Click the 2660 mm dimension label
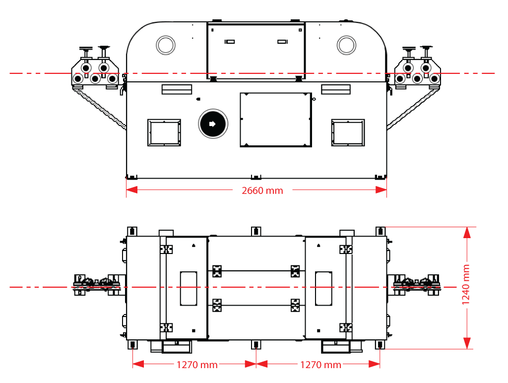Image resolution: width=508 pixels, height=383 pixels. click(x=262, y=191)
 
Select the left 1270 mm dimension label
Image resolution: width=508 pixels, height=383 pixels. click(x=197, y=365)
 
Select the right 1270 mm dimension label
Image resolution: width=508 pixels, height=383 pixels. click(x=320, y=365)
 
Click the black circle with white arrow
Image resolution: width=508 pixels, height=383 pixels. click(x=212, y=124)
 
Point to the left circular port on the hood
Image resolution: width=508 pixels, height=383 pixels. click(x=165, y=45)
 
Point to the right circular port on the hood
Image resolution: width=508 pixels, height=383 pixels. click(x=346, y=45)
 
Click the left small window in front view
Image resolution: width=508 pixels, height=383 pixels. click(x=164, y=132)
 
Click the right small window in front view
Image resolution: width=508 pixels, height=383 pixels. click(x=348, y=132)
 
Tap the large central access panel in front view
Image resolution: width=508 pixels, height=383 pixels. click(x=276, y=120)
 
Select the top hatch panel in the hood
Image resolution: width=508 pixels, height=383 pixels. click(x=255, y=50)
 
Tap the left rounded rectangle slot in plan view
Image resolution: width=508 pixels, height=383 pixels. click(x=188, y=288)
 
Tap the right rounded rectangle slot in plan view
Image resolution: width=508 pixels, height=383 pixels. click(x=323, y=288)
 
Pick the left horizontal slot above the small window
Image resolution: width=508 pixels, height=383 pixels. click(x=177, y=89)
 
